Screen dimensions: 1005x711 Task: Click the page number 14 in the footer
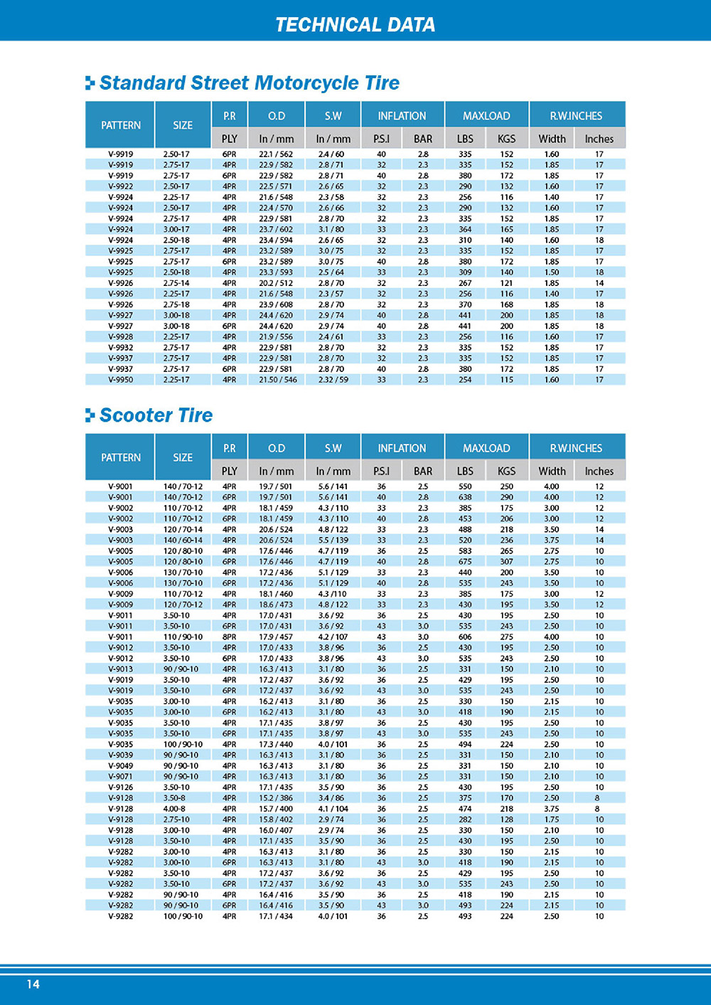click(33, 984)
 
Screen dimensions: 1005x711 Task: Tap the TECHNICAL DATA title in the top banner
click(355, 25)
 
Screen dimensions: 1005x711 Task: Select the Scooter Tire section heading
click(156, 415)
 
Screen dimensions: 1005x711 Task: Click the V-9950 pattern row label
click(120, 380)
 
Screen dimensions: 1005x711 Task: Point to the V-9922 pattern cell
click(120, 186)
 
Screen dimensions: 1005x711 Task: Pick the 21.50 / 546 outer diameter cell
click(277, 380)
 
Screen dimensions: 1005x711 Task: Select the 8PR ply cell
click(229, 637)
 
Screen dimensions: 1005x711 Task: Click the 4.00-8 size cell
click(176, 809)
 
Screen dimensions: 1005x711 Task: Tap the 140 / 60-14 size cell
click(183, 541)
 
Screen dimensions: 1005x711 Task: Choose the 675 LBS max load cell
click(465, 562)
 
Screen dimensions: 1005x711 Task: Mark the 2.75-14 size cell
click(176, 283)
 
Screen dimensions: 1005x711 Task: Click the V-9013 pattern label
click(120, 669)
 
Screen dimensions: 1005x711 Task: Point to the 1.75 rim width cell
click(551, 819)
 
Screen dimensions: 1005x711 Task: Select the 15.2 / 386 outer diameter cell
click(276, 798)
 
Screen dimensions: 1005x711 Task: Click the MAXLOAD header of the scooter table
click(486, 448)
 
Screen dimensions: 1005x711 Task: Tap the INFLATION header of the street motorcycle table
click(402, 116)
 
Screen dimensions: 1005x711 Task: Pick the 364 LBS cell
click(465, 230)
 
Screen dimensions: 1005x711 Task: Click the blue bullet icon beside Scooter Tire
click(90, 415)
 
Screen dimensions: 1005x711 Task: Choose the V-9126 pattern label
click(120, 787)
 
